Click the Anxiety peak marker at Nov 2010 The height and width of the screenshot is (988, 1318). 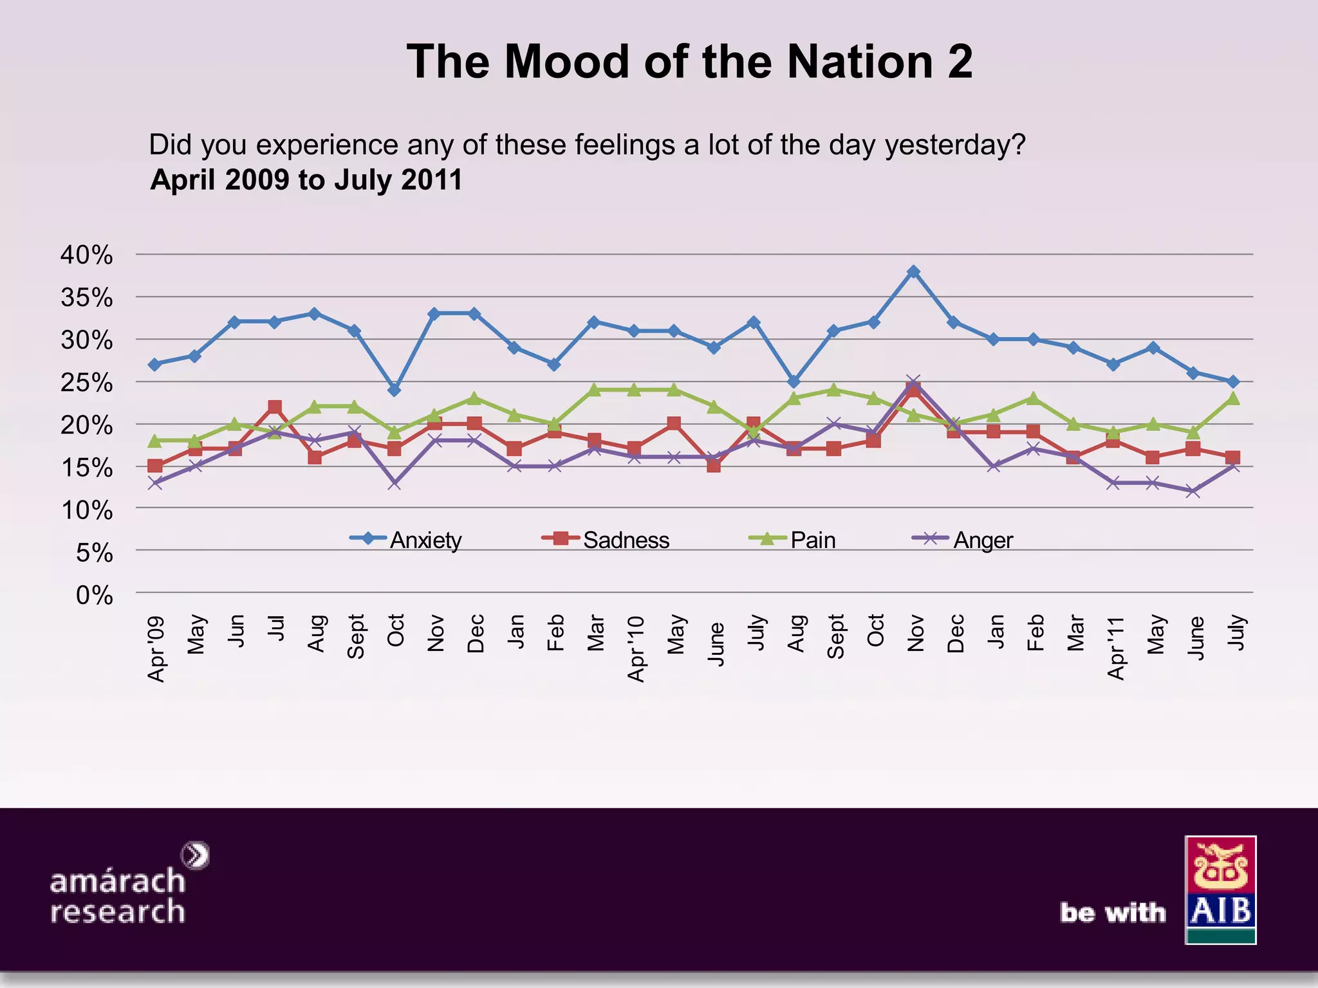pyautogui.click(x=913, y=271)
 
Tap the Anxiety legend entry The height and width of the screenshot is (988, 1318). pyautogui.click(x=407, y=540)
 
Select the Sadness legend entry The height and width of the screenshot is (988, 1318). pyautogui.click(x=606, y=540)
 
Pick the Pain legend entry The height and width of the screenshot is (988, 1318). pyautogui.click(x=795, y=540)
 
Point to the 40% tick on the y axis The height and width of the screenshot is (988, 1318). pyautogui.click(x=87, y=255)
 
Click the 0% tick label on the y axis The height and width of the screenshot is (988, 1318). pyautogui.click(x=94, y=595)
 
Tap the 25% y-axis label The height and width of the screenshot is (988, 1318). pyautogui.click(x=87, y=383)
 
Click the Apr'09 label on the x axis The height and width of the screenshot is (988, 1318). pyautogui.click(x=156, y=648)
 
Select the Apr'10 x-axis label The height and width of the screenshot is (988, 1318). pyautogui.click(x=635, y=648)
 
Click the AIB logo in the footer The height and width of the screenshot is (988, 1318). pyautogui.click(x=1220, y=890)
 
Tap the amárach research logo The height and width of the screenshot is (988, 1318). pyautogui.click(x=122, y=888)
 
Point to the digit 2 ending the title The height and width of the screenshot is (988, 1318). pyautogui.click(x=959, y=62)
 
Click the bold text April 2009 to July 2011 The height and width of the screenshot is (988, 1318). pyautogui.click(x=306, y=179)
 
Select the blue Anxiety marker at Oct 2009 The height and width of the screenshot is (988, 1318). pyautogui.click(x=394, y=390)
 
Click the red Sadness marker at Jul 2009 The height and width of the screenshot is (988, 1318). pyautogui.click(x=275, y=407)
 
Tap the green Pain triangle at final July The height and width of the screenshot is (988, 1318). pyautogui.click(x=1232, y=398)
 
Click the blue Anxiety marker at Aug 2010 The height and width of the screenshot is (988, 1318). pyautogui.click(x=794, y=381)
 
